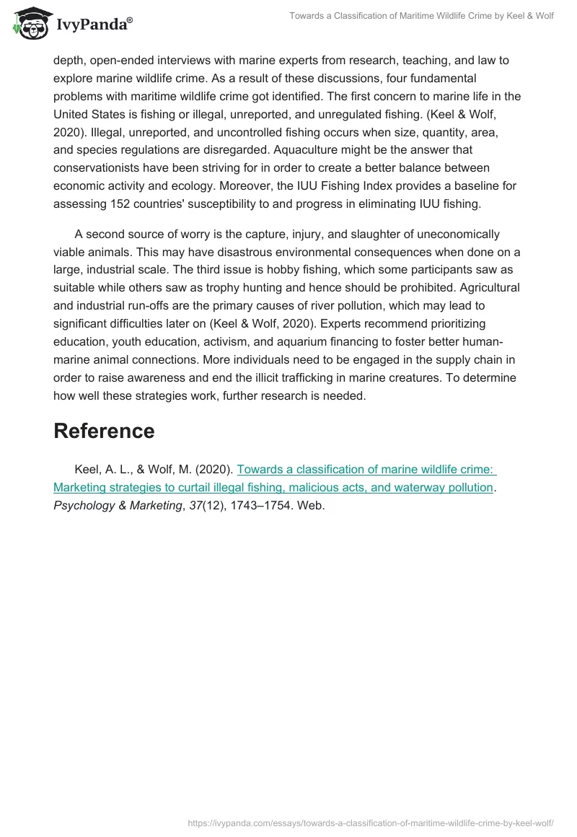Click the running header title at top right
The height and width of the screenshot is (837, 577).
[x=421, y=16]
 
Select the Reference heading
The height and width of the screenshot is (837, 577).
[x=104, y=431]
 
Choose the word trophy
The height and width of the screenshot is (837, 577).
[x=219, y=288]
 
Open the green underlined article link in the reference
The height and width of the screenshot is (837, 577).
[x=274, y=478]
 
